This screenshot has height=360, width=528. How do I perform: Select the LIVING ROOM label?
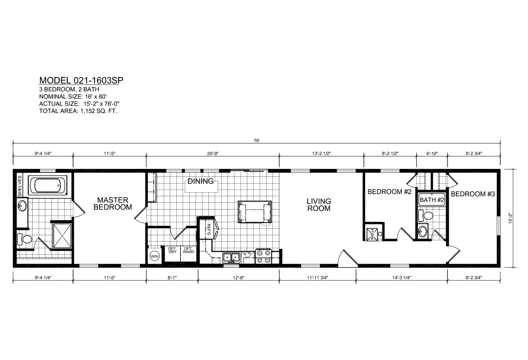pos(319,205)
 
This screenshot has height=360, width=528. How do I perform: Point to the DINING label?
pos(201,181)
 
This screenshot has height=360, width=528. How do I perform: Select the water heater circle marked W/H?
pos(154,257)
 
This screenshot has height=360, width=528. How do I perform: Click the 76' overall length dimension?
pos(257,140)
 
